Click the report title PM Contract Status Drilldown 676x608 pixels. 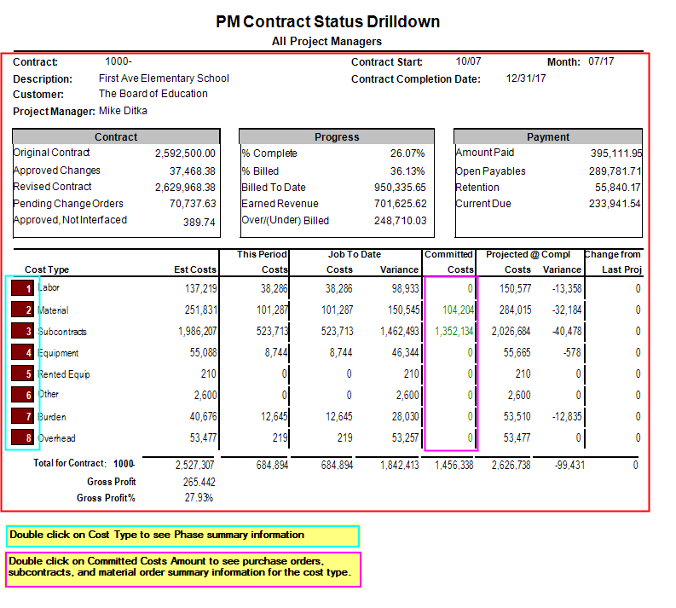pyautogui.click(x=327, y=21)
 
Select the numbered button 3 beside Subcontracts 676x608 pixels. pyautogui.click(x=23, y=331)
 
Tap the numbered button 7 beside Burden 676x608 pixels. pyautogui.click(x=23, y=416)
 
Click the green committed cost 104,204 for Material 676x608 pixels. pyautogui.click(x=458, y=310)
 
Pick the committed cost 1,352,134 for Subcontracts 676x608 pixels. pyautogui.click(x=454, y=331)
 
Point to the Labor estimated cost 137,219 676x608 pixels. pyautogui.click(x=201, y=288)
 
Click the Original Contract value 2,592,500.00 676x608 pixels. pyautogui.click(x=185, y=153)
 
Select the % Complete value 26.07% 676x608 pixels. pyautogui.click(x=407, y=153)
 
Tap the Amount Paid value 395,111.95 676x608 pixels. pyautogui.click(x=616, y=153)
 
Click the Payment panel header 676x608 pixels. pyautogui.click(x=548, y=137)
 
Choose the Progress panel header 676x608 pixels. pyautogui.click(x=337, y=137)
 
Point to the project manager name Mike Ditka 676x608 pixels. pyautogui.click(x=123, y=111)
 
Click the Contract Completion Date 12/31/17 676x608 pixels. pyautogui.click(x=526, y=78)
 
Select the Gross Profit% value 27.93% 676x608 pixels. pyautogui.click(x=199, y=498)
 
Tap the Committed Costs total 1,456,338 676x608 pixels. pyautogui.click(x=454, y=466)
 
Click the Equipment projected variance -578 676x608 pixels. pyautogui.click(x=572, y=353)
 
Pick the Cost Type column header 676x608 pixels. pyautogui.click(x=47, y=270)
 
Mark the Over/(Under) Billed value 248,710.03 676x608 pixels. pyautogui.click(x=400, y=221)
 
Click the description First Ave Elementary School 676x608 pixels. pyautogui.click(x=164, y=78)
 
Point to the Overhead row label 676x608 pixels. pyautogui.click(x=56, y=438)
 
